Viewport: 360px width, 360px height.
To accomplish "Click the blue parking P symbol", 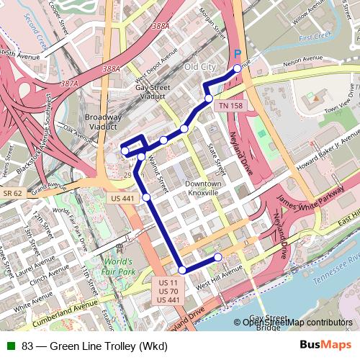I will point(238,54).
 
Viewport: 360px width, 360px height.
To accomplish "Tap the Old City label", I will point(199,67).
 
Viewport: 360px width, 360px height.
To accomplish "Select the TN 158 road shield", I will point(230,105).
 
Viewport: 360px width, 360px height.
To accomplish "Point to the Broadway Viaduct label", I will point(103,122).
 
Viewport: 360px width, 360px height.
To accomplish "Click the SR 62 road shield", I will point(12,194).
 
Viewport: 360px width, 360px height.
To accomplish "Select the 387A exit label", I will point(70,84).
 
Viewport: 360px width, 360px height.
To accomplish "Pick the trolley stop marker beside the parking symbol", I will point(237,69).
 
